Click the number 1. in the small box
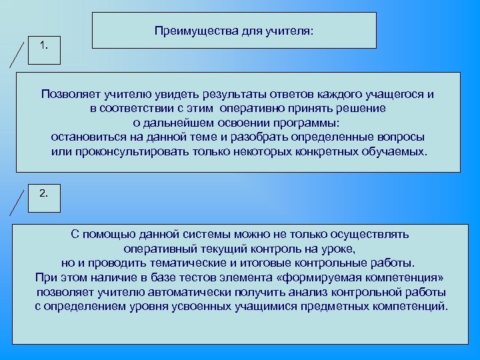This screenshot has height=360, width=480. point(44,45)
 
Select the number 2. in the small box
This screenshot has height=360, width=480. point(44,193)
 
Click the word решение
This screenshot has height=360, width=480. point(360,109)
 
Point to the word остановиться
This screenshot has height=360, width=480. point(87,137)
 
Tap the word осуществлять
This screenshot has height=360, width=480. point(365,235)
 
